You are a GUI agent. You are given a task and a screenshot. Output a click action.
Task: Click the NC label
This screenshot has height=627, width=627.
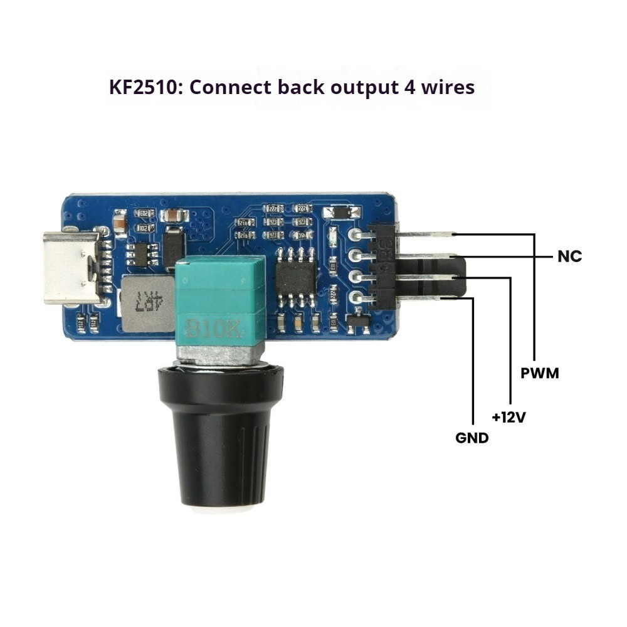coord(569,256)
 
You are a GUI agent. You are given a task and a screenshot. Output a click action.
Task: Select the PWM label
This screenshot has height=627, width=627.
coord(540,374)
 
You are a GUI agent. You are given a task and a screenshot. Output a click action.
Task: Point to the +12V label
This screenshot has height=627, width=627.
coord(508,416)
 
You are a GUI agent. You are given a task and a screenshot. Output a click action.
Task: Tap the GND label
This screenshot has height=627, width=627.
coord(472,438)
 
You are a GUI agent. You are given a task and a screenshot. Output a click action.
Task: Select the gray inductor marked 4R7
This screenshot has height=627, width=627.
coord(149,303)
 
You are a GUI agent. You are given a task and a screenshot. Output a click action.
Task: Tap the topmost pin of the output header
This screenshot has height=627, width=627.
coord(426,234)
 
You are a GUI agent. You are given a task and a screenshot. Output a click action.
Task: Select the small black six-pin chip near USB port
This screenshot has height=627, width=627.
coord(142,254)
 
